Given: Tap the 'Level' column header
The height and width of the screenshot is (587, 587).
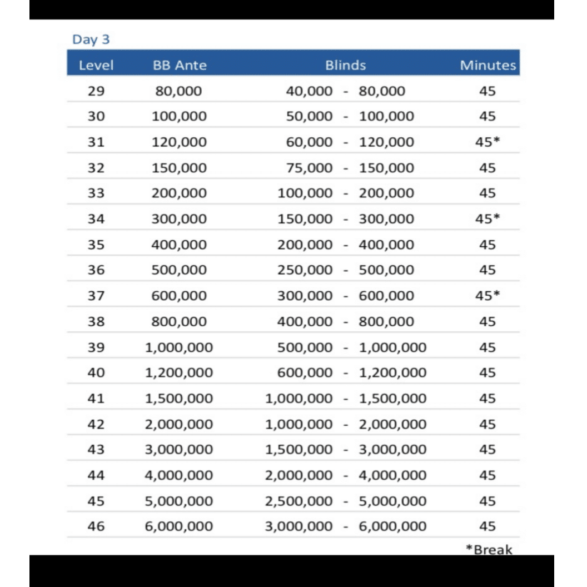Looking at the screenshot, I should pyautogui.click(x=96, y=66).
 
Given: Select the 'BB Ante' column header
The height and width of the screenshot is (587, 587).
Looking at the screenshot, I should pyautogui.click(x=179, y=66).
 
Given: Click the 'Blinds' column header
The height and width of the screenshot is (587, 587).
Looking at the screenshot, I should pyautogui.click(x=345, y=66).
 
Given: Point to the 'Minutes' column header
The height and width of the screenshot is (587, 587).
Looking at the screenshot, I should pyautogui.click(x=487, y=66).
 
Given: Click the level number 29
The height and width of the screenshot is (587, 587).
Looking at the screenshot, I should pyautogui.click(x=96, y=91).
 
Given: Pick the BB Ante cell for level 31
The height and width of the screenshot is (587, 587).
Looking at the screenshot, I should pyautogui.click(x=179, y=142).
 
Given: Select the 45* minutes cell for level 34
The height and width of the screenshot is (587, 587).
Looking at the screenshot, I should pyautogui.click(x=487, y=219).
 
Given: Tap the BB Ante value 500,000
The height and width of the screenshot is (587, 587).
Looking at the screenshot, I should pyautogui.click(x=179, y=270).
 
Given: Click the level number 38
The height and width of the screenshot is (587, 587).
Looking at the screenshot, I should pyautogui.click(x=96, y=321).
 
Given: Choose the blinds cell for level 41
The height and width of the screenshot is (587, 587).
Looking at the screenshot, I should pyautogui.click(x=345, y=399).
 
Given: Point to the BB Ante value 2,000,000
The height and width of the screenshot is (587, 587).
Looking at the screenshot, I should pyautogui.click(x=179, y=424).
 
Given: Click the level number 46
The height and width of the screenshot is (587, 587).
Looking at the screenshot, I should pyautogui.click(x=96, y=526).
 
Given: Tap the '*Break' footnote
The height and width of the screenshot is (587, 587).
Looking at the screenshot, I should pyautogui.click(x=489, y=550).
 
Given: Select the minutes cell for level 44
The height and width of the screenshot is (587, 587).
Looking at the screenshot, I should pyautogui.click(x=487, y=475).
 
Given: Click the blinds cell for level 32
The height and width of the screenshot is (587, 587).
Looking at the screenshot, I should pyautogui.click(x=350, y=168).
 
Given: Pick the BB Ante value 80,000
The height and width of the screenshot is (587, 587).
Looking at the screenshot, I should pyautogui.click(x=179, y=91).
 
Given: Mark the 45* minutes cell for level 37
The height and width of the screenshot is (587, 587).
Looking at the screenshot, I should pyautogui.click(x=487, y=296).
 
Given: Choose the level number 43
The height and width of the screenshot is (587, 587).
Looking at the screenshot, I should pyautogui.click(x=96, y=450).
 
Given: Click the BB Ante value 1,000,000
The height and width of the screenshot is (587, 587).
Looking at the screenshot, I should pyautogui.click(x=179, y=347).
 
